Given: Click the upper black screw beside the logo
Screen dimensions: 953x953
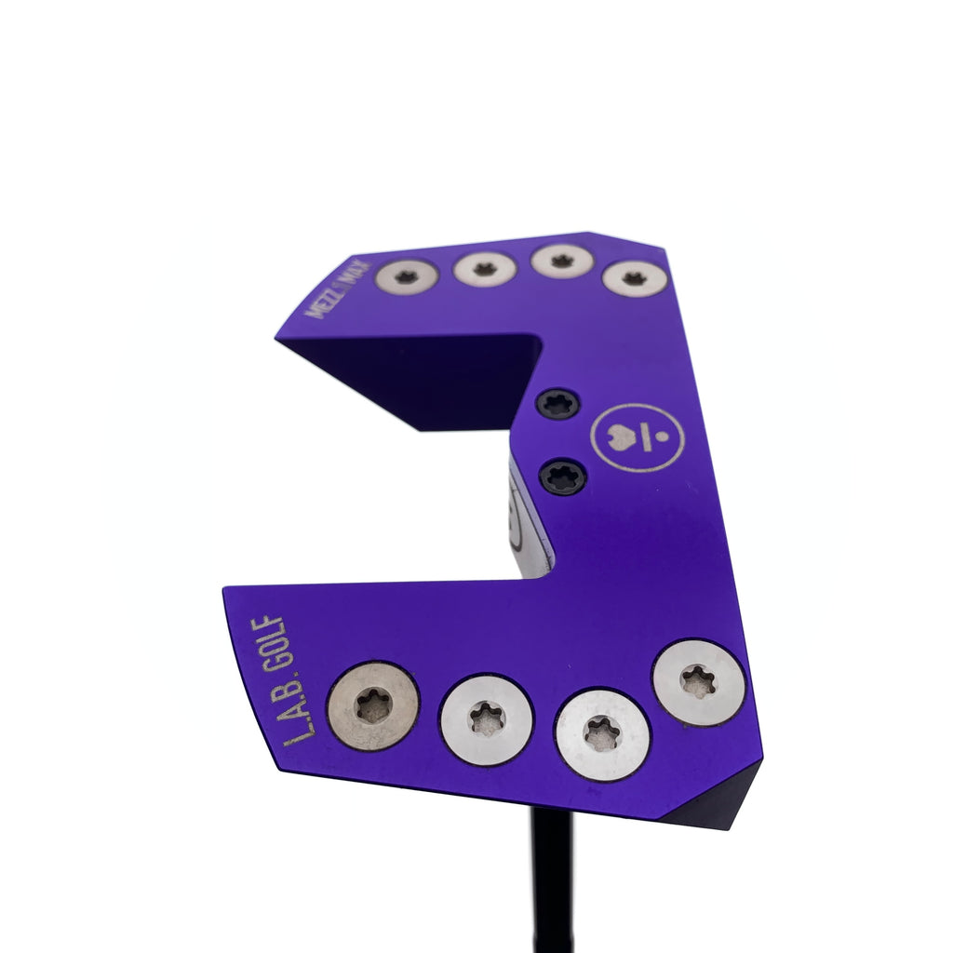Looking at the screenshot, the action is pyautogui.click(x=558, y=404).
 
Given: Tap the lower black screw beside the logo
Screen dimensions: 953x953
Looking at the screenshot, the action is pyautogui.click(x=563, y=476).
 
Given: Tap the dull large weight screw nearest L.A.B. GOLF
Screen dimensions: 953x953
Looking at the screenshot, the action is pyautogui.click(x=372, y=706).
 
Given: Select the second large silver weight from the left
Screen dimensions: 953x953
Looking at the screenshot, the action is pyautogui.click(x=487, y=719).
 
